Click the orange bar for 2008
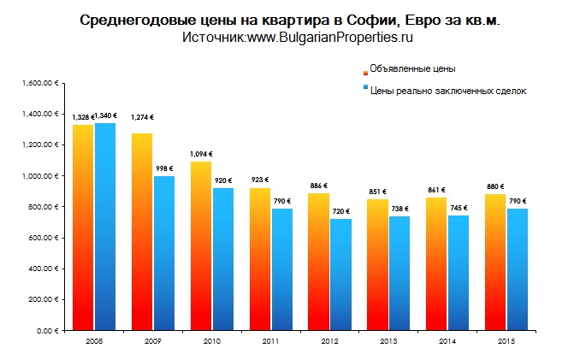[x=83, y=227]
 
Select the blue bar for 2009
[x=163, y=252]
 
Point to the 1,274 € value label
[x=142, y=117]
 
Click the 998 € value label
[x=164, y=168]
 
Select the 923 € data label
[x=259, y=179]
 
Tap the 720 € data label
[x=340, y=210]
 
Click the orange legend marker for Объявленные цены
[x=365, y=70]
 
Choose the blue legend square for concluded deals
[x=365, y=88]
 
